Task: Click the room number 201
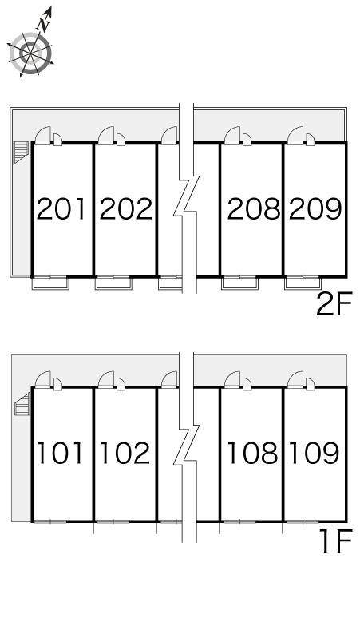pyautogui.click(x=61, y=209)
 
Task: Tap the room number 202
pyautogui.click(x=125, y=209)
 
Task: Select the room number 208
pyautogui.click(x=254, y=209)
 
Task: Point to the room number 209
pyautogui.click(x=315, y=209)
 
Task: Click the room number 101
pyautogui.click(x=60, y=453)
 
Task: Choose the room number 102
pyautogui.click(x=125, y=453)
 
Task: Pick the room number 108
pyautogui.click(x=252, y=453)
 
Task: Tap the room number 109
pyautogui.click(x=314, y=453)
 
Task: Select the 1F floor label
pyautogui.click(x=335, y=541)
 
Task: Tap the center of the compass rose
pyautogui.click(x=30, y=53)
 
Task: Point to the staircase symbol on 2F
pyautogui.click(x=21, y=153)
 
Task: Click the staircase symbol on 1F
pyautogui.click(x=22, y=403)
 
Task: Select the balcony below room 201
pyautogui.click(x=50, y=283)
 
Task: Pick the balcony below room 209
pyautogui.click(x=303, y=283)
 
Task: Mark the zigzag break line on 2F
pyautogui.click(x=187, y=198)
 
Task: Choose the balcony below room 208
pyautogui.click(x=239, y=283)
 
